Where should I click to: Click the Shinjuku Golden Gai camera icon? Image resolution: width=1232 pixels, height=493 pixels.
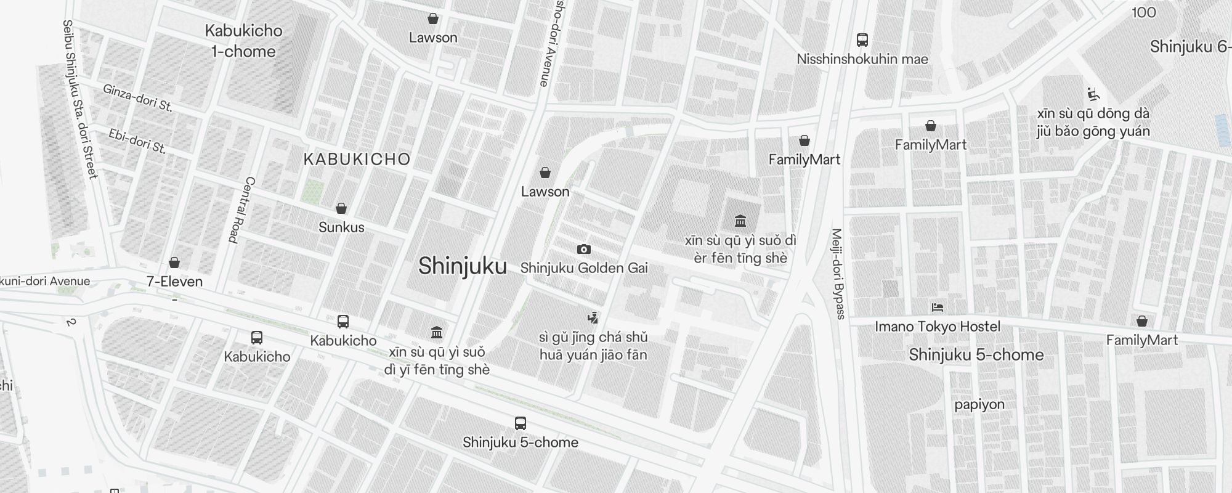(583, 250)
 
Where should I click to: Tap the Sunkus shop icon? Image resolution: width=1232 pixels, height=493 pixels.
(341, 209)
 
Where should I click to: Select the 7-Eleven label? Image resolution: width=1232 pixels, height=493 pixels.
(174, 282)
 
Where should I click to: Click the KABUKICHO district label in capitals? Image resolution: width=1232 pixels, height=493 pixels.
(357, 159)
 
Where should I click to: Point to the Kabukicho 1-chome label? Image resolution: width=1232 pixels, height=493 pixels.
(243, 41)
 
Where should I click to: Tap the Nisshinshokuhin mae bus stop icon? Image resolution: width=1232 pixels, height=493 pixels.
(862, 40)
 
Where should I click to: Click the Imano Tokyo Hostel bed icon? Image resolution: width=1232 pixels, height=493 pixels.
(938, 308)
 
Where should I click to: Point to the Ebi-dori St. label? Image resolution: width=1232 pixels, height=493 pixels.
(137, 141)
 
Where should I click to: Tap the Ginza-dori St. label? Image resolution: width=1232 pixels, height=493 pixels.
(137, 98)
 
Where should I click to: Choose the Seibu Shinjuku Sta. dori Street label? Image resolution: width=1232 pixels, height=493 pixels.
(80, 99)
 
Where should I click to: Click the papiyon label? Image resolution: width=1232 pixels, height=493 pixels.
(979, 404)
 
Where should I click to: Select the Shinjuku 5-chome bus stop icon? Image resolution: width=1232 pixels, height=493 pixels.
(521, 423)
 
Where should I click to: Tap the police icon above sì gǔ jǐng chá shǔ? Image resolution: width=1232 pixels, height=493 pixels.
(593, 317)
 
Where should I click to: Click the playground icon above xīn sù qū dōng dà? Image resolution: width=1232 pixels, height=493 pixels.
(1093, 94)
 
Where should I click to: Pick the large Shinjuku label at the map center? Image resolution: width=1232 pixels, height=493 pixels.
(463, 266)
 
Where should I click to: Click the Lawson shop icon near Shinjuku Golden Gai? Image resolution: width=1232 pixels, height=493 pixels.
(545, 173)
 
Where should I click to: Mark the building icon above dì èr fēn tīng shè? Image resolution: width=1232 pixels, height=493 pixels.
(740, 221)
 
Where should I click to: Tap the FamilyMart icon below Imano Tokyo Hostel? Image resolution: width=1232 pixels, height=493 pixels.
(1141, 321)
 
